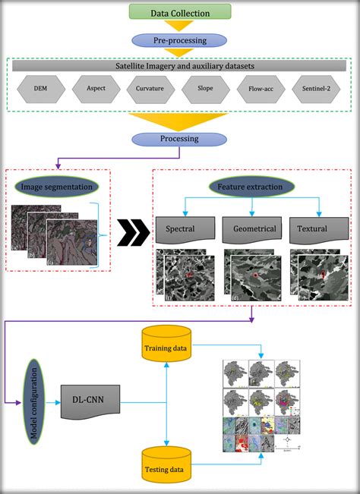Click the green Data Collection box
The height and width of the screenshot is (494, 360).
(179, 13)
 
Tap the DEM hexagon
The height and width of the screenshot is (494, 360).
(40, 89)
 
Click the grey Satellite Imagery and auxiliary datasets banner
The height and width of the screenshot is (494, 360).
(180, 65)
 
